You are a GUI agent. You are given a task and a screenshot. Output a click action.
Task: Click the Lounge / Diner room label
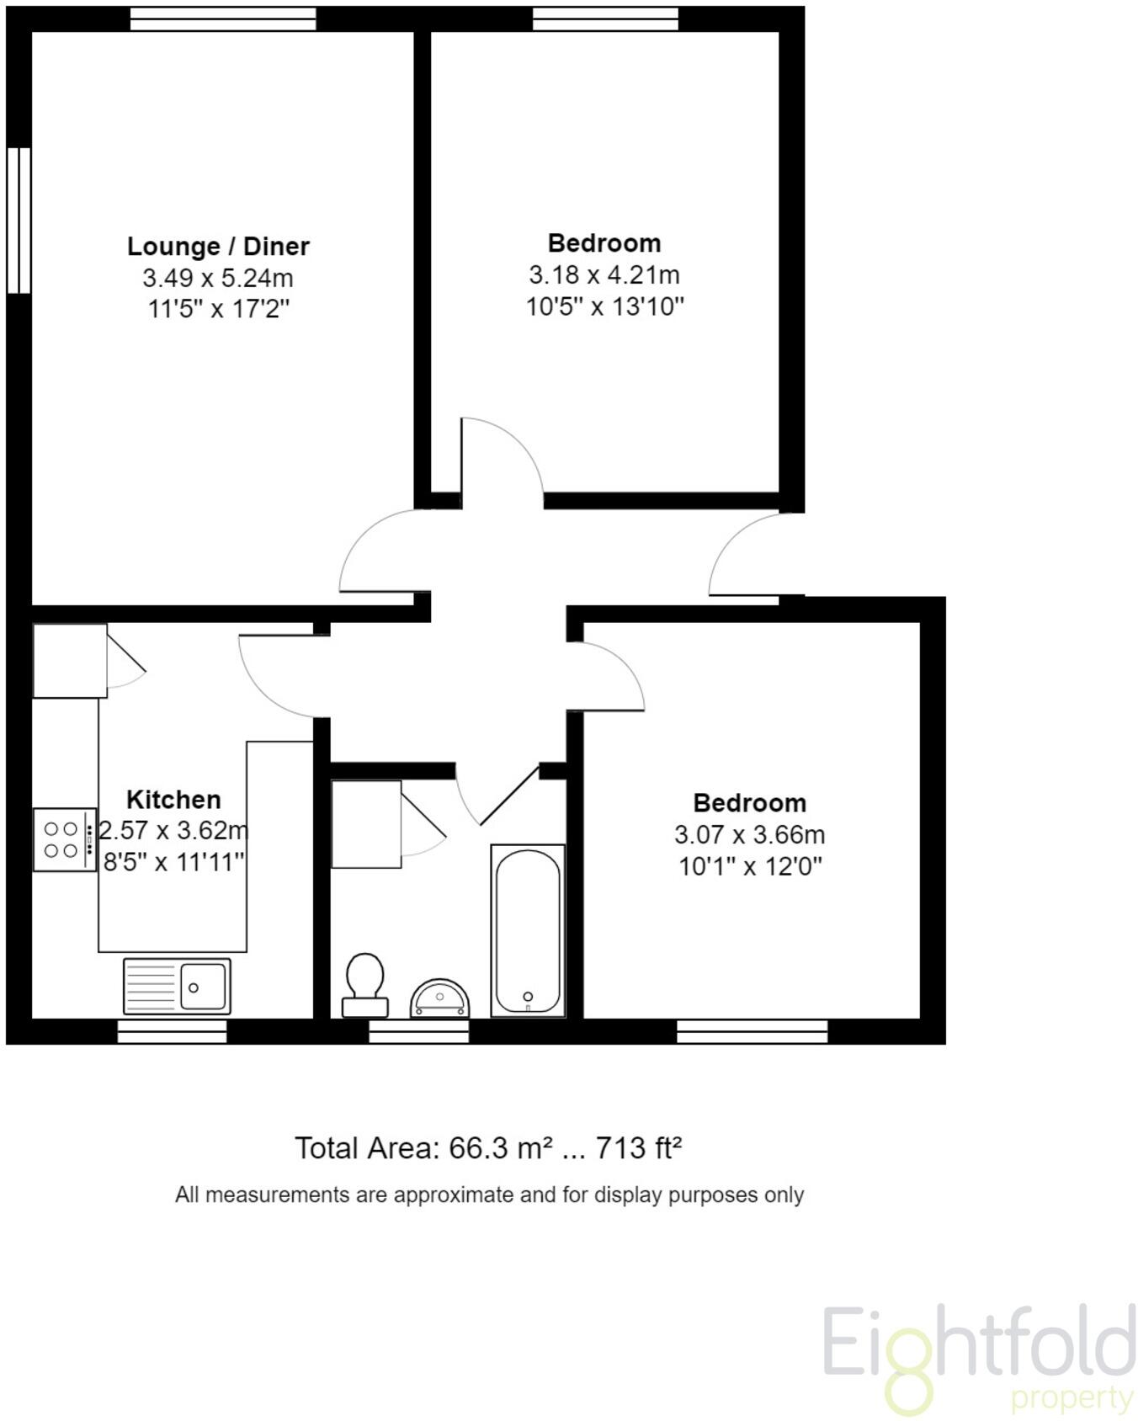click(218, 247)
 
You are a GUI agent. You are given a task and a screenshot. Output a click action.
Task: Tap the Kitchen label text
click(173, 799)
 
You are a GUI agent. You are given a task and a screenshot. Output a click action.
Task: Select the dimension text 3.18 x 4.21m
click(604, 274)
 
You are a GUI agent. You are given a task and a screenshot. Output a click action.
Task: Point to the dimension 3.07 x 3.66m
click(749, 834)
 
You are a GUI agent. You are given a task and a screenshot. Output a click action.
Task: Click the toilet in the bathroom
click(365, 983)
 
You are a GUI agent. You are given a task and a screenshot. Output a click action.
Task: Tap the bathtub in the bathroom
click(528, 929)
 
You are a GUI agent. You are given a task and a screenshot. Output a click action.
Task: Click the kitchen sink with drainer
click(177, 985)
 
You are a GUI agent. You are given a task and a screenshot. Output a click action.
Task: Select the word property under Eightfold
click(1072, 1398)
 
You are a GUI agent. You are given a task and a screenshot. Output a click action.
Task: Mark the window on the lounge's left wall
click(19, 221)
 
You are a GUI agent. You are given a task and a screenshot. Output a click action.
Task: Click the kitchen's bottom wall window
click(172, 1031)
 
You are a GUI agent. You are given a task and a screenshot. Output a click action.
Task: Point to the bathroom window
click(418, 1031)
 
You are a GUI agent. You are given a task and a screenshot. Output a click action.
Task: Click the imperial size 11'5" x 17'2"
click(218, 309)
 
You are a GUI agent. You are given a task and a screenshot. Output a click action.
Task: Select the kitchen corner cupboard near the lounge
click(70, 661)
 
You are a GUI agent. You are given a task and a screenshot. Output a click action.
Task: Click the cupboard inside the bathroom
click(366, 824)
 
